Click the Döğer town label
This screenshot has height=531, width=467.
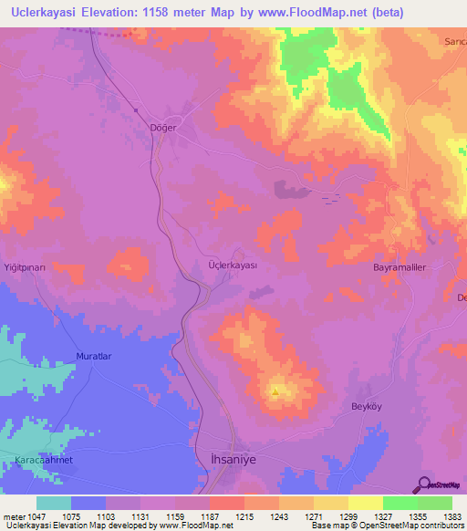(162, 128)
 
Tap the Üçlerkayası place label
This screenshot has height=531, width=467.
(234, 265)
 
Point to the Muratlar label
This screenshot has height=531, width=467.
(92, 356)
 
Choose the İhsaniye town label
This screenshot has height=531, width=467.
(235, 461)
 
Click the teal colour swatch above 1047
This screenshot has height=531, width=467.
(54, 503)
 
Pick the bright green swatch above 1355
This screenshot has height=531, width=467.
(400, 503)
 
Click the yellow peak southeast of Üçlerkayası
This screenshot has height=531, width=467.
(275, 392)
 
